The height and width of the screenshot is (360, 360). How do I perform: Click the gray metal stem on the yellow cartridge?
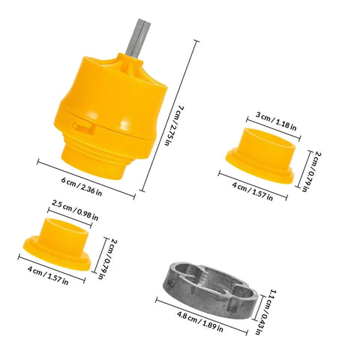pos(138,39)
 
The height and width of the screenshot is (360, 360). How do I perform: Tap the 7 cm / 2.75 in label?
pos(173,126)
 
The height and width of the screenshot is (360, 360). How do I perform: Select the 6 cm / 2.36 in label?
pos(82,187)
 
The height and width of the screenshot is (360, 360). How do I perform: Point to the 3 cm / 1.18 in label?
pos(276,121)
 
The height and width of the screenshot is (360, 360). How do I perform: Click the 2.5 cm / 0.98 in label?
pos(75,210)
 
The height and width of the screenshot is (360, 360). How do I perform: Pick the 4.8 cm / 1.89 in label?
pos(200,321)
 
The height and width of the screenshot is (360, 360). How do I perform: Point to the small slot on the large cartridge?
pos(84,126)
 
